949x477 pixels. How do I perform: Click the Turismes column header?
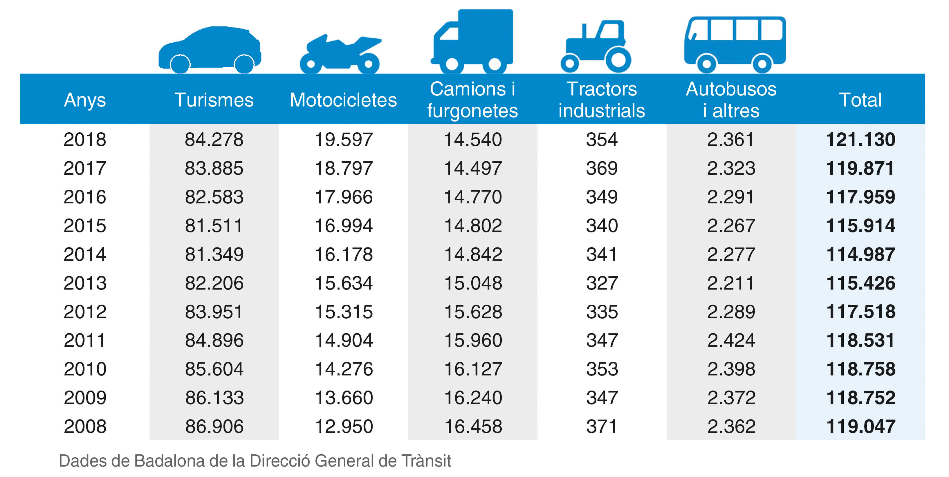(214, 100)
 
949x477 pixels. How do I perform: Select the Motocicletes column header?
(343, 100)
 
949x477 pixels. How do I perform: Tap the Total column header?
(860, 100)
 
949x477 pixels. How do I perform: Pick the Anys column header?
(85, 100)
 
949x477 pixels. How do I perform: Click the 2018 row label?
(85, 140)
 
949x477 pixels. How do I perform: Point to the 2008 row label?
(85, 427)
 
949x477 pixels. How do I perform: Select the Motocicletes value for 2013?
(344, 283)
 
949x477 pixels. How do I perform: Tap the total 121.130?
(860, 140)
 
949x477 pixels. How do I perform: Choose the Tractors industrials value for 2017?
(602, 168)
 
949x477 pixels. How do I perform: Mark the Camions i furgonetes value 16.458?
(473, 427)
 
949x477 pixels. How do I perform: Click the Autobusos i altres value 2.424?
(731, 340)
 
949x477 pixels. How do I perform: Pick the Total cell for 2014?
(860, 254)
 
